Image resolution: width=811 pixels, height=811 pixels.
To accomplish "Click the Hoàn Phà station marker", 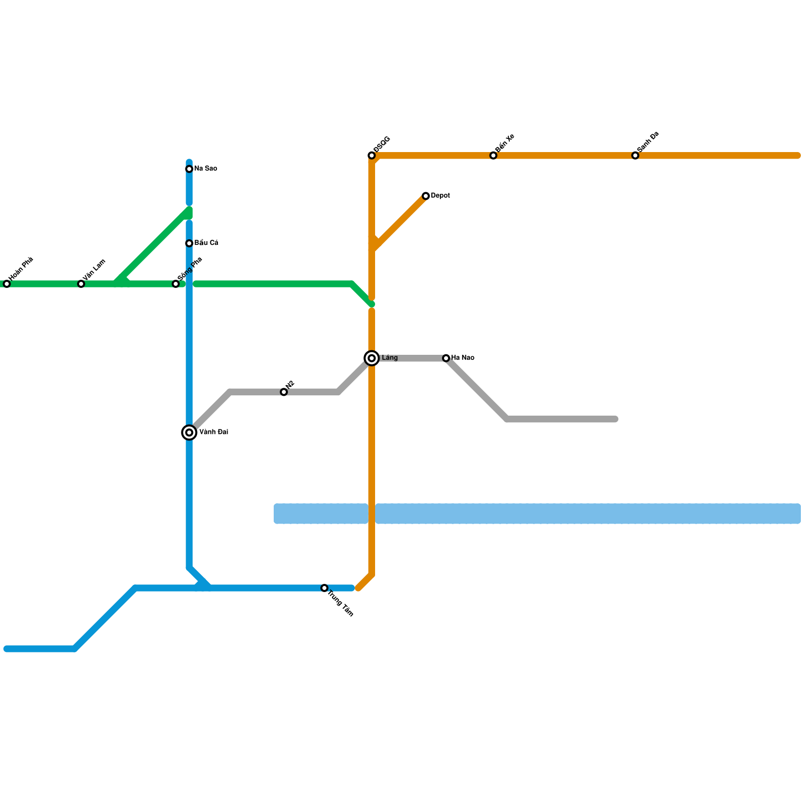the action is [7, 284].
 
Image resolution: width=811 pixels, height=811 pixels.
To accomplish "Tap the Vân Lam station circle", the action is [81, 284].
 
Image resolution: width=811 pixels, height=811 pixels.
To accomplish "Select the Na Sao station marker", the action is [189, 169].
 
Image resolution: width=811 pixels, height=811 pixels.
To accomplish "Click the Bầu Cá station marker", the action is [189, 243].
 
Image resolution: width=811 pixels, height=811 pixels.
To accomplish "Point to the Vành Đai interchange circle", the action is [189, 432].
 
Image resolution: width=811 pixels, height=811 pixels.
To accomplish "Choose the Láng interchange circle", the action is [372, 358].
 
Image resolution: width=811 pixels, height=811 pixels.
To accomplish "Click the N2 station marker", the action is [284, 392].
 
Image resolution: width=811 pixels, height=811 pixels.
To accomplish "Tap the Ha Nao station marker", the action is [446, 358].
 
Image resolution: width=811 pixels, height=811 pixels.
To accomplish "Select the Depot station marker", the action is [426, 196].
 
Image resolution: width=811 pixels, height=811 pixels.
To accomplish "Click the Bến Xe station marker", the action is [493, 156].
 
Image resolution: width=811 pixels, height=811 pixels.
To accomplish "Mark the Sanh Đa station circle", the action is [635, 156].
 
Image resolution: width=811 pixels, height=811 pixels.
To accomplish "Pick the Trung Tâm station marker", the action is [324, 588].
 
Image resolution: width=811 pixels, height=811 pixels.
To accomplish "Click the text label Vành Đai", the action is [213, 432].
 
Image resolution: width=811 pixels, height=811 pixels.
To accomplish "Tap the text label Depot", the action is [440, 196].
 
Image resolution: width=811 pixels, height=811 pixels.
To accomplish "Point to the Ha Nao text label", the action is [463, 358].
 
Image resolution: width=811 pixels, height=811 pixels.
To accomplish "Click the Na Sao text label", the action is [206, 169].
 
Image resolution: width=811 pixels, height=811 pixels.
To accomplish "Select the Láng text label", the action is [390, 358].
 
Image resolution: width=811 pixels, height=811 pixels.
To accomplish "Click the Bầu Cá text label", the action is [206, 243].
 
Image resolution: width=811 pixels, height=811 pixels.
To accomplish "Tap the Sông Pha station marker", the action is [176, 284].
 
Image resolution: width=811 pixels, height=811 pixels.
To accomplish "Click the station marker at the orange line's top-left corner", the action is [372, 156].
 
